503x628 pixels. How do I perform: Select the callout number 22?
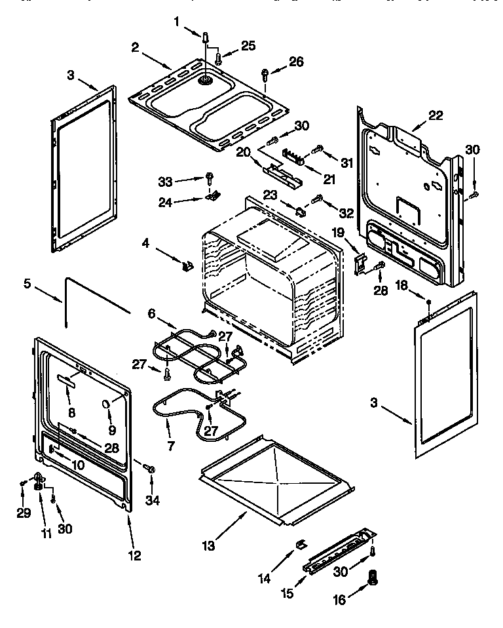(x=436, y=115)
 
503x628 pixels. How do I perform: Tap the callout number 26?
(x=297, y=62)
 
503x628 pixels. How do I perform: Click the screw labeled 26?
(x=265, y=73)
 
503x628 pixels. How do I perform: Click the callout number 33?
(x=166, y=178)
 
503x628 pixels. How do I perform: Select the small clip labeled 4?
(x=187, y=265)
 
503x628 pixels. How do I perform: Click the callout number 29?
(x=24, y=513)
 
